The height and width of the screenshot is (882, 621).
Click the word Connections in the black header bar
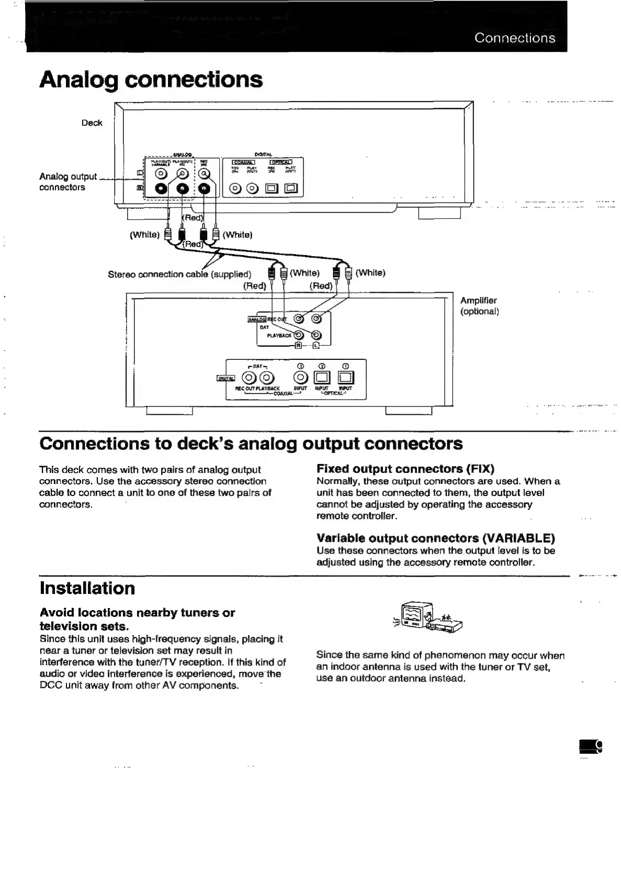pos(514,38)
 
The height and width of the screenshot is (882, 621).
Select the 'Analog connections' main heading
pos(151,80)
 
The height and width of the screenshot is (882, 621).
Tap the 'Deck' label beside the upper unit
pos(92,123)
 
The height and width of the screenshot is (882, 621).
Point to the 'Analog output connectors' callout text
pos(67,182)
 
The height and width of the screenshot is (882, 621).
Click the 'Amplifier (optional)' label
pos(479,306)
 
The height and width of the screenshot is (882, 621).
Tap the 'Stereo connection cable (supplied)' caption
pos(179,274)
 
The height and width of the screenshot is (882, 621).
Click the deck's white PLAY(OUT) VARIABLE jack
pos(162,174)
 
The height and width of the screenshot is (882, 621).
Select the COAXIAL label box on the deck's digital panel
pos(243,161)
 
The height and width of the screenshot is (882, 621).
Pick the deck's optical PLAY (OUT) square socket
pos(291,188)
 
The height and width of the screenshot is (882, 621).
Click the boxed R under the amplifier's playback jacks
pos(298,346)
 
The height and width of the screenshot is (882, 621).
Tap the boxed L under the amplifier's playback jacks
pos(316,346)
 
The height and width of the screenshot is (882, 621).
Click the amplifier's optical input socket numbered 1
pos(345,377)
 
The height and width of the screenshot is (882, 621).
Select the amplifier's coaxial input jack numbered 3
pos(300,377)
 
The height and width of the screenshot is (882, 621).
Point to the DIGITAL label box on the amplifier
pos(226,378)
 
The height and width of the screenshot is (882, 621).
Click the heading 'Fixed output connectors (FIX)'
pos(405,468)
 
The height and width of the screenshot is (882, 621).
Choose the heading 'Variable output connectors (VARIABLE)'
pos(435,538)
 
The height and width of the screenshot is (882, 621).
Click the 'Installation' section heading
pos(87,588)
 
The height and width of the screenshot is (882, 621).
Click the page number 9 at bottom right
pos(596,746)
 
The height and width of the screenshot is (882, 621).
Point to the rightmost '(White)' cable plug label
pos(370,272)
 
